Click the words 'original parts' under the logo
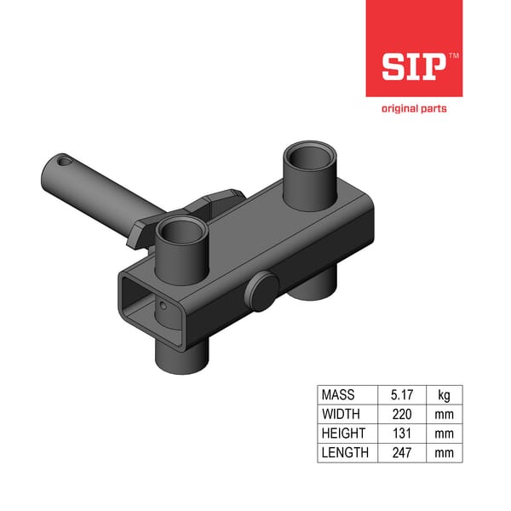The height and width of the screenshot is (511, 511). coord(414,108)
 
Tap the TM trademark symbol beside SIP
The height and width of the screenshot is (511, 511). coord(452,55)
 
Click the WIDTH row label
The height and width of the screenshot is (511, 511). coord(340,415)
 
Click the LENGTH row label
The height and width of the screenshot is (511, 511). coord(345,452)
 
